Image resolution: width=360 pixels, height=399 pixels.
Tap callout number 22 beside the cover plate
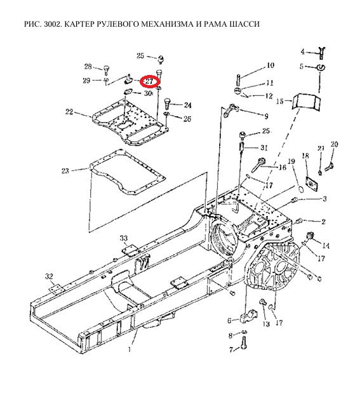69,112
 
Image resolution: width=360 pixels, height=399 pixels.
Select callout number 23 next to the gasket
65,171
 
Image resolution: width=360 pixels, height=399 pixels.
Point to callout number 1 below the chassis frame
130,349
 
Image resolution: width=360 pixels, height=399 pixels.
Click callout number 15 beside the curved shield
280,101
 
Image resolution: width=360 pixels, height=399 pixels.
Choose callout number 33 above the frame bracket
124,238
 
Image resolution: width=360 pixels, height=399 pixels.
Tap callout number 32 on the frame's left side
50,276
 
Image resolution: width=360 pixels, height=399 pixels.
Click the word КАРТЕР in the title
79,24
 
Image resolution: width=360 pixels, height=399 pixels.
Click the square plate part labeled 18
312,184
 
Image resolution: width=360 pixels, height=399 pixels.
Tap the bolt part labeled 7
244,342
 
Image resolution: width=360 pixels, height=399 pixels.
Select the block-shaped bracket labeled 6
249,316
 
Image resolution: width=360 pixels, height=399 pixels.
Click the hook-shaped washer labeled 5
321,68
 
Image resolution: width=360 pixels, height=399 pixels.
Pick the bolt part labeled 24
168,104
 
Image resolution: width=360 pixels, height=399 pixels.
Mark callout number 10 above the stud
270,65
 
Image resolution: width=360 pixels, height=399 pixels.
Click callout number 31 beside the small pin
264,147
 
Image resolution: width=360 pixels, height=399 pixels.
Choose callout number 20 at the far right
334,144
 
